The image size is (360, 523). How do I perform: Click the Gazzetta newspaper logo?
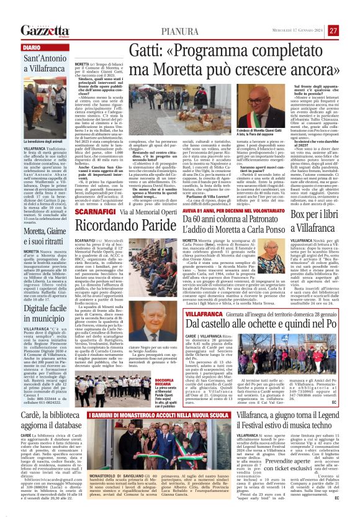[43, 30]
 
